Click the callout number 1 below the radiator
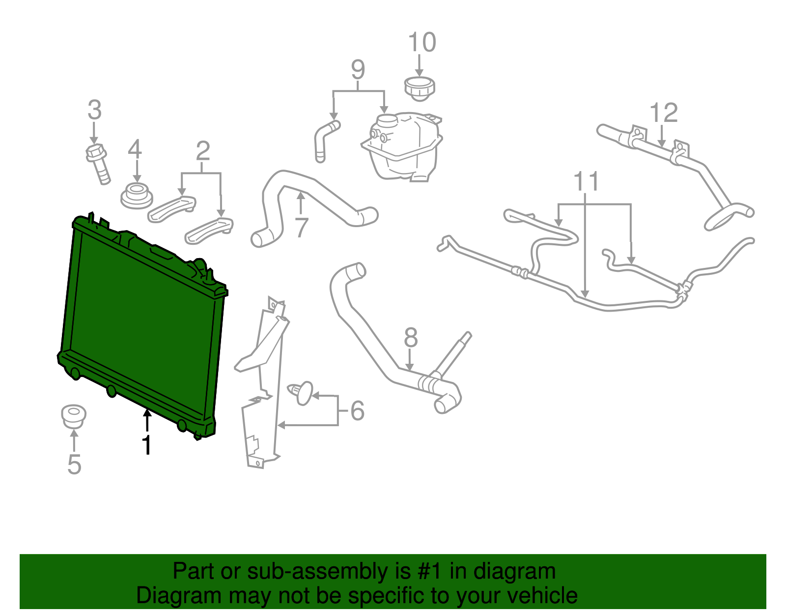pyautogui.click(x=146, y=444)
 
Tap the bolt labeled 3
pyautogui.click(x=98, y=162)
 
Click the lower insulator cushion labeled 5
pyautogui.click(x=74, y=416)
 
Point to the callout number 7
pyautogui.click(x=301, y=227)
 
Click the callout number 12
pyautogui.click(x=664, y=113)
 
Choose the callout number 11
pyautogui.click(x=587, y=181)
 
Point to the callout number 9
pyautogui.click(x=358, y=69)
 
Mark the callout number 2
pyautogui.click(x=203, y=151)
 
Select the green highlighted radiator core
pyautogui.click(x=142, y=324)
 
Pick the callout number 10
pyautogui.click(x=422, y=42)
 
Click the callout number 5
pyautogui.click(x=74, y=464)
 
